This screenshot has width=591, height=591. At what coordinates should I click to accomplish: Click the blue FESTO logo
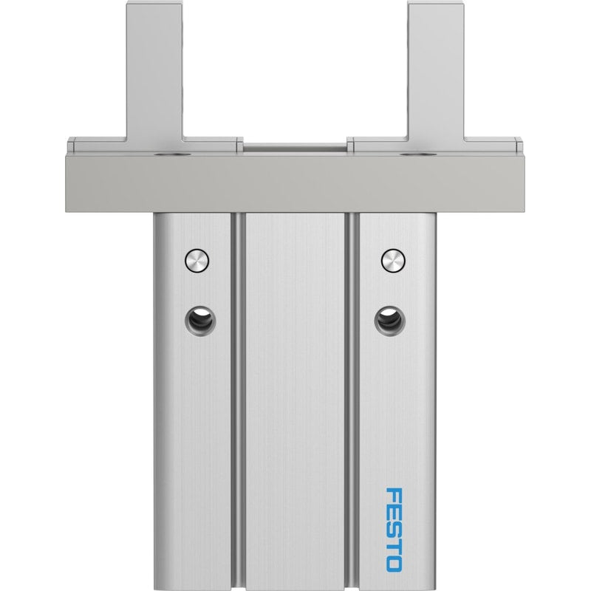click(394, 520)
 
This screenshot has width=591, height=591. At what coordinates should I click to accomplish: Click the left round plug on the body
click(197, 260)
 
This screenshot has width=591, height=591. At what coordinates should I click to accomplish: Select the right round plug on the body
click(393, 260)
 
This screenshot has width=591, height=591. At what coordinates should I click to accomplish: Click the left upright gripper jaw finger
click(154, 72)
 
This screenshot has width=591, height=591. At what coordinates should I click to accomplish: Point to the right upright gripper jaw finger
click(437, 72)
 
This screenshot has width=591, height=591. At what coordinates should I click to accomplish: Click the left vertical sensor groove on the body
click(238, 401)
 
